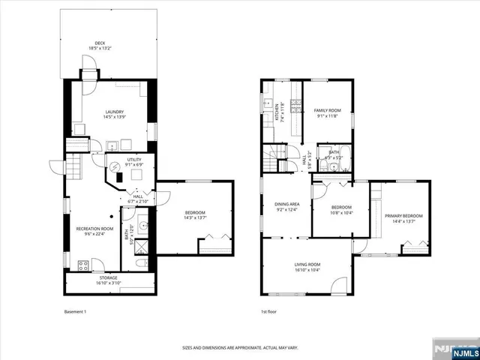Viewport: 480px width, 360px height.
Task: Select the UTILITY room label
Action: pyautogui.click(x=134, y=162)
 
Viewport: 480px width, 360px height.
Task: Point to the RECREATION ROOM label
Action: pyautogui.click(x=94, y=229)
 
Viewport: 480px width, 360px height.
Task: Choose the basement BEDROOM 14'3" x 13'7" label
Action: pyautogui.click(x=195, y=215)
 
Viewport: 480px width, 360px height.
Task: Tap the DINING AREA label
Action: pyautogui.click(x=287, y=207)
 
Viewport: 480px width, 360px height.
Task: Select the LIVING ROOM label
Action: pyautogui.click(x=307, y=266)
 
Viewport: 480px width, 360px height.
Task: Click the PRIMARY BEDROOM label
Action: pyautogui.click(x=400, y=218)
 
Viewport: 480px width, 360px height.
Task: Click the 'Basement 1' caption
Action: pyautogui.click(x=75, y=312)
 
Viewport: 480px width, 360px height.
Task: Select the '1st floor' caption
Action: pyautogui.click(x=269, y=312)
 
